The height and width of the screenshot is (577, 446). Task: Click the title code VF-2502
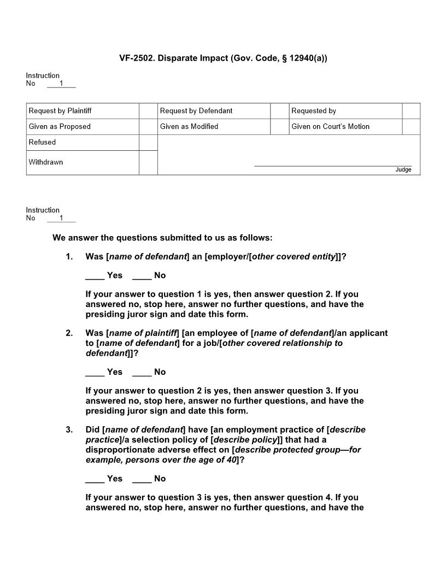pyautogui.click(x=137, y=57)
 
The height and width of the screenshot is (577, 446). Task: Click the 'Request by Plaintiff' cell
pyautogui.click(x=60, y=111)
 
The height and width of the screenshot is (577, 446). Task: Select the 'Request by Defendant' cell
pyautogui.click(x=196, y=111)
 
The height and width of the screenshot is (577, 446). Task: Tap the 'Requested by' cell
pyautogui.click(x=314, y=111)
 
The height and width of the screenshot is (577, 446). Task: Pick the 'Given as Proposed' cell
pyautogui.click(x=60, y=127)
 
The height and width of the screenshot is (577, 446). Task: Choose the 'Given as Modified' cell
pyautogui.click(x=189, y=127)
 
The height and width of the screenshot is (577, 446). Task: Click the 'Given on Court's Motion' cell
pyautogui.click(x=330, y=127)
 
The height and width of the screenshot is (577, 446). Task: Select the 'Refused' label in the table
pyautogui.click(x=43, y=143)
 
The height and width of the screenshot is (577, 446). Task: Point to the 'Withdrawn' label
pyautogui.click(x=46, y=162)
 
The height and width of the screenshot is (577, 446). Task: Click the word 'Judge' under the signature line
pyautogui.click(x=403, y=170)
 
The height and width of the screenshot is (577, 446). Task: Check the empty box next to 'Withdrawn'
pyautogui.click(x=148, y=163)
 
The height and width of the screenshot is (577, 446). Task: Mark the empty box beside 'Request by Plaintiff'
pyautogui.click(x=148, y=111)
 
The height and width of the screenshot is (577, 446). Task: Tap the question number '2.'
pyautogui.click(x=69, y=333)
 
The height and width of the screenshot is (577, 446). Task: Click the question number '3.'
pyautogui.click(x=69, y=429)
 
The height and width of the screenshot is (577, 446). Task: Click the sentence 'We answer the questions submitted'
pyautogui.click(x=162, y=238)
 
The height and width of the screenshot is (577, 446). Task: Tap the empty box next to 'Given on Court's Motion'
pyautogui.click(x=411, y=127)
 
